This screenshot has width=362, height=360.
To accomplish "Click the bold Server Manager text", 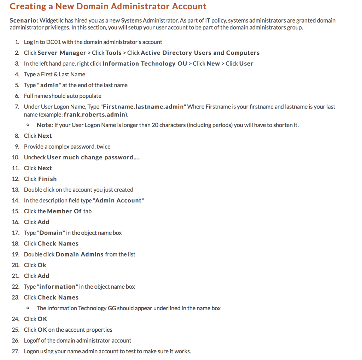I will tap(62, 53).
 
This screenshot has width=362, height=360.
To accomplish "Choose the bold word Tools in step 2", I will tap(113, 53).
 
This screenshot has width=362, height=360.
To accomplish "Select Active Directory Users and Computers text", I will tap(200, 53).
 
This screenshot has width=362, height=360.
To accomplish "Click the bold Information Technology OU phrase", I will tap(145, 64).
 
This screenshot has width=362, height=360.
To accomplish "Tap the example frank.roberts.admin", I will tap(95, 115).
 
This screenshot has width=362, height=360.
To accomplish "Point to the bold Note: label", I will tap(45, 125).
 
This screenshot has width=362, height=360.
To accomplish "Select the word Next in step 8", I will tap(45, 136).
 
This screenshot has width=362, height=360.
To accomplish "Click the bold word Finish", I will tap(47, 179).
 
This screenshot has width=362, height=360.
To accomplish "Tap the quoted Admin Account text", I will tap(119, 201).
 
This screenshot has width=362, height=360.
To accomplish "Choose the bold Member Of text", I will tap(64, 211).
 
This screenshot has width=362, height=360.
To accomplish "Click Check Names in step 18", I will tap(58, 244).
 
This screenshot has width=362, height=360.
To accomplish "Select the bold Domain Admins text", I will tap(80, 254).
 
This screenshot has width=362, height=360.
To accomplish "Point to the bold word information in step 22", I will tap(57, 287).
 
